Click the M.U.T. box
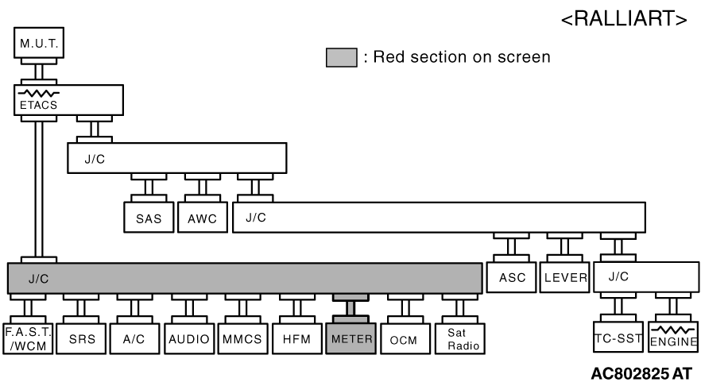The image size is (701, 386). point(39,43)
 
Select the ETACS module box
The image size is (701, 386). point(68,100)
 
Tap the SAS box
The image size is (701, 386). point(149,218)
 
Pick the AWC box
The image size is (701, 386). point(203,218)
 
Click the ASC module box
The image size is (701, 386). point(512,277)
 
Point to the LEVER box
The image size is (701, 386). point(564,277)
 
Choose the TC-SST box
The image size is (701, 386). point(618,337)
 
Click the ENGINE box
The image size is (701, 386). point(673,337)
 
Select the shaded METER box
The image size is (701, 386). point(351,338)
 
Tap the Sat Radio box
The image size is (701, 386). point(460,338)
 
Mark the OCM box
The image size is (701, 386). point(405,338)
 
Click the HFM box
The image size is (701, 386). point(297,338)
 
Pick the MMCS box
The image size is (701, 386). point(242,338)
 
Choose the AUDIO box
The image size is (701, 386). point(189,338)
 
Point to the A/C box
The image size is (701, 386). point(134,338)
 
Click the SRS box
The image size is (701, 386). point(81,338)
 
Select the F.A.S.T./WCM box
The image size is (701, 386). point(28,338)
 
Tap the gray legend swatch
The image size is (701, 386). point(342,58)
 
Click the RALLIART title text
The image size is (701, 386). point(624,19)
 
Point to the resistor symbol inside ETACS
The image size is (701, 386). point(38,94)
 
